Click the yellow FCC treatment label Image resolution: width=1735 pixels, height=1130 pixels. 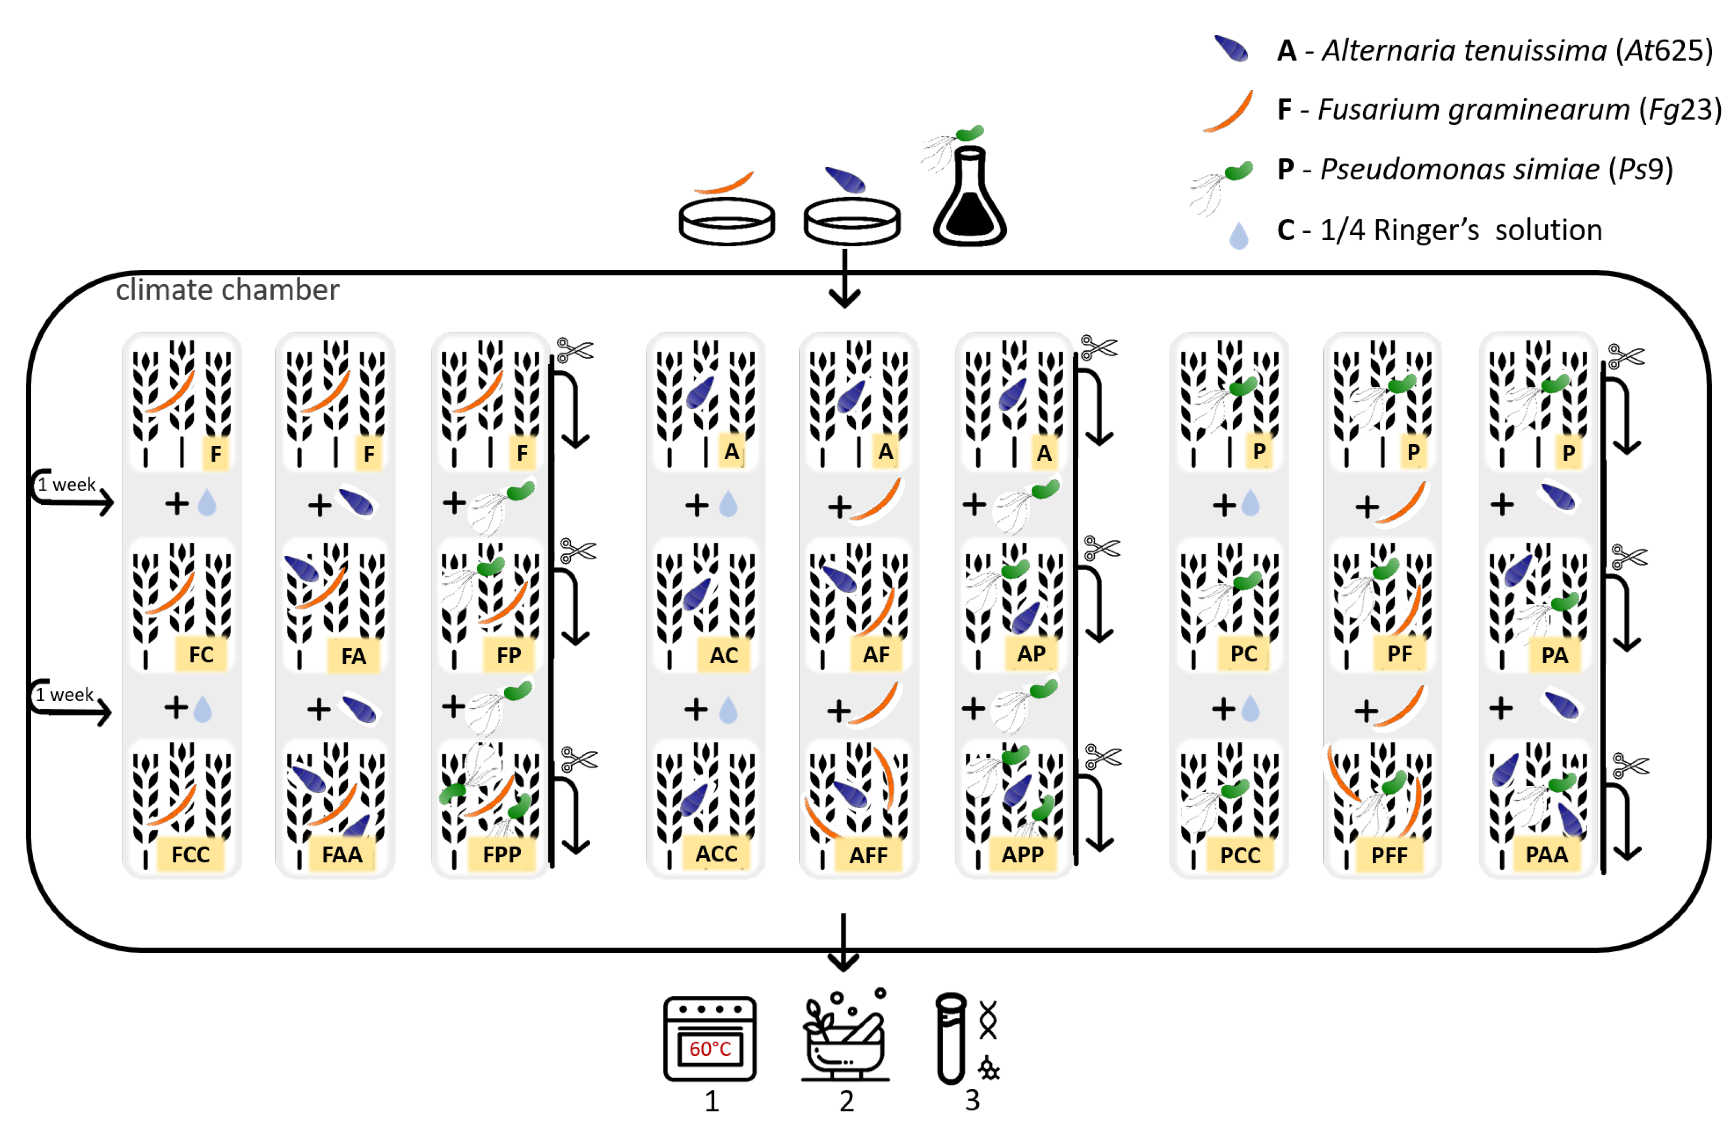tap(190, 854)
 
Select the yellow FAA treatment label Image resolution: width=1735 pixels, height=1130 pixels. tap(342, 854)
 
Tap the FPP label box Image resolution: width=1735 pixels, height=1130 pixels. tap(502, 854)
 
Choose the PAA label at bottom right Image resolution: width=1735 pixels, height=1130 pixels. tap(1546, 854)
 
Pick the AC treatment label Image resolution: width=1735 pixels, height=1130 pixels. tap(724, 655)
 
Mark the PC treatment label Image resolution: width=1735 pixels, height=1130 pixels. tap(1243, 653)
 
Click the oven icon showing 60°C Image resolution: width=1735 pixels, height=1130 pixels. tap(709, 1039)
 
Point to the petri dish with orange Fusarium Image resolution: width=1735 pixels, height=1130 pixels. tap(726, 219)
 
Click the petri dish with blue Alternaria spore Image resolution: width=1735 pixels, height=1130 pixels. tap(851, 219)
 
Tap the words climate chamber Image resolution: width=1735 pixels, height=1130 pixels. tap(228, 290)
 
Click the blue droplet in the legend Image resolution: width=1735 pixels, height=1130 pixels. tap(1239, 236)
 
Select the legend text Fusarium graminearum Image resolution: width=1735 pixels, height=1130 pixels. tap(1473, 109)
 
